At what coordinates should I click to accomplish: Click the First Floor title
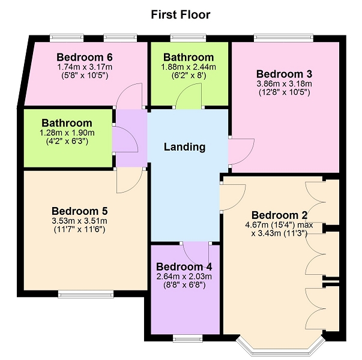pos(181,14)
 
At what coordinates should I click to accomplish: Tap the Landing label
pos(185,147)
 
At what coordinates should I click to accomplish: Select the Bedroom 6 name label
pos(85,57)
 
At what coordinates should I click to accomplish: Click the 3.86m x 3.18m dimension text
pos(284,83)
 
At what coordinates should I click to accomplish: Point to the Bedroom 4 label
pos(184,267)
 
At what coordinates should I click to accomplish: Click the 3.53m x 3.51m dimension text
pos(79,221)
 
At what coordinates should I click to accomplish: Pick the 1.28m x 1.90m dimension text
pos(67,133)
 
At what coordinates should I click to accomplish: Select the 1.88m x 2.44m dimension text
pos(189,67)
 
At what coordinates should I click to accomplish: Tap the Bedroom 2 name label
pos(279,215)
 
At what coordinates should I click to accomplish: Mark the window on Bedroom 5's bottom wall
pos(86,294)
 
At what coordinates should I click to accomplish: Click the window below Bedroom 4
pos(188,338)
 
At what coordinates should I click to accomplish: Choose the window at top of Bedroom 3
pos(283,38)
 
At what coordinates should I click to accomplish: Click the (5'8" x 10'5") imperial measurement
pos(85,76)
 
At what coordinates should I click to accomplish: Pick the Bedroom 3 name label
pos(284,74)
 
